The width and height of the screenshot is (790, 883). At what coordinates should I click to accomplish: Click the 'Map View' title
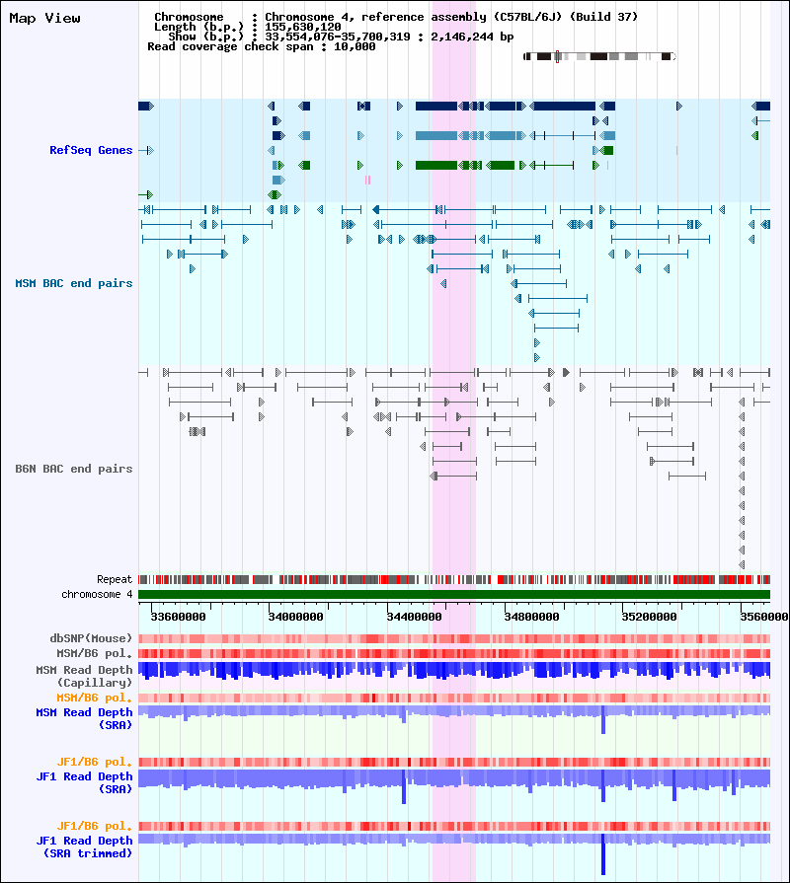tap(44, 18)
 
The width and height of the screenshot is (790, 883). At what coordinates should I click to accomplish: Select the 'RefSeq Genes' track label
tap(91, 150)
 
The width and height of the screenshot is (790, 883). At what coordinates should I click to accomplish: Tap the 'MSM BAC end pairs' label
tap(74, 283)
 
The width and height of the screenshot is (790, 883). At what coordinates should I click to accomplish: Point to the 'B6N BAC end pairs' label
tap(74, 469)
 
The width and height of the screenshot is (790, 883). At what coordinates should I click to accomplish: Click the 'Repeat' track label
tap(115, 579)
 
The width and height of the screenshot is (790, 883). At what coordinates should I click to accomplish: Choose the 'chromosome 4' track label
tap(97, 594)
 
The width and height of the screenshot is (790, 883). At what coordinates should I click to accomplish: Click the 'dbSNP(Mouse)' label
tap(91, 638)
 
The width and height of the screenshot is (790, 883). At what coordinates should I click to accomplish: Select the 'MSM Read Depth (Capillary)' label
tap(84, 676)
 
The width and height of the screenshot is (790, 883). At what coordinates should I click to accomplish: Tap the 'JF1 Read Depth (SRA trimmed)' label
tap(84, 846)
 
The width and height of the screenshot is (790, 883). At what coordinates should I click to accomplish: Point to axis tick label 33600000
tap(178, 617)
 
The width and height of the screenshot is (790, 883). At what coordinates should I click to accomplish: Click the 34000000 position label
tap(296, 617)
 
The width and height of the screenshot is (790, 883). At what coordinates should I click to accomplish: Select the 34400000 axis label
tap(414, 617)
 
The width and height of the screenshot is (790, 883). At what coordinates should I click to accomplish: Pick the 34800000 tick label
tap(532, 617)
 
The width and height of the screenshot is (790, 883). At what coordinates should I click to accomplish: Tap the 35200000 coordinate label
tap(649, 617)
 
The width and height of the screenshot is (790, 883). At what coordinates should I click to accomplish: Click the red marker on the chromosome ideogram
tap(557, 56)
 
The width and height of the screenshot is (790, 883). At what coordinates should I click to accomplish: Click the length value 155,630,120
tap(303, 27)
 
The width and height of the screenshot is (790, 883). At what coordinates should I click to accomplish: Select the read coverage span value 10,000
tap(355, 46)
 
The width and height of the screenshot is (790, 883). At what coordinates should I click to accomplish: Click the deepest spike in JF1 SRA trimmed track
tap(603, 853)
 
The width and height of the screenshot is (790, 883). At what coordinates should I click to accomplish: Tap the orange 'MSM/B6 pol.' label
tap(94, 698)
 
